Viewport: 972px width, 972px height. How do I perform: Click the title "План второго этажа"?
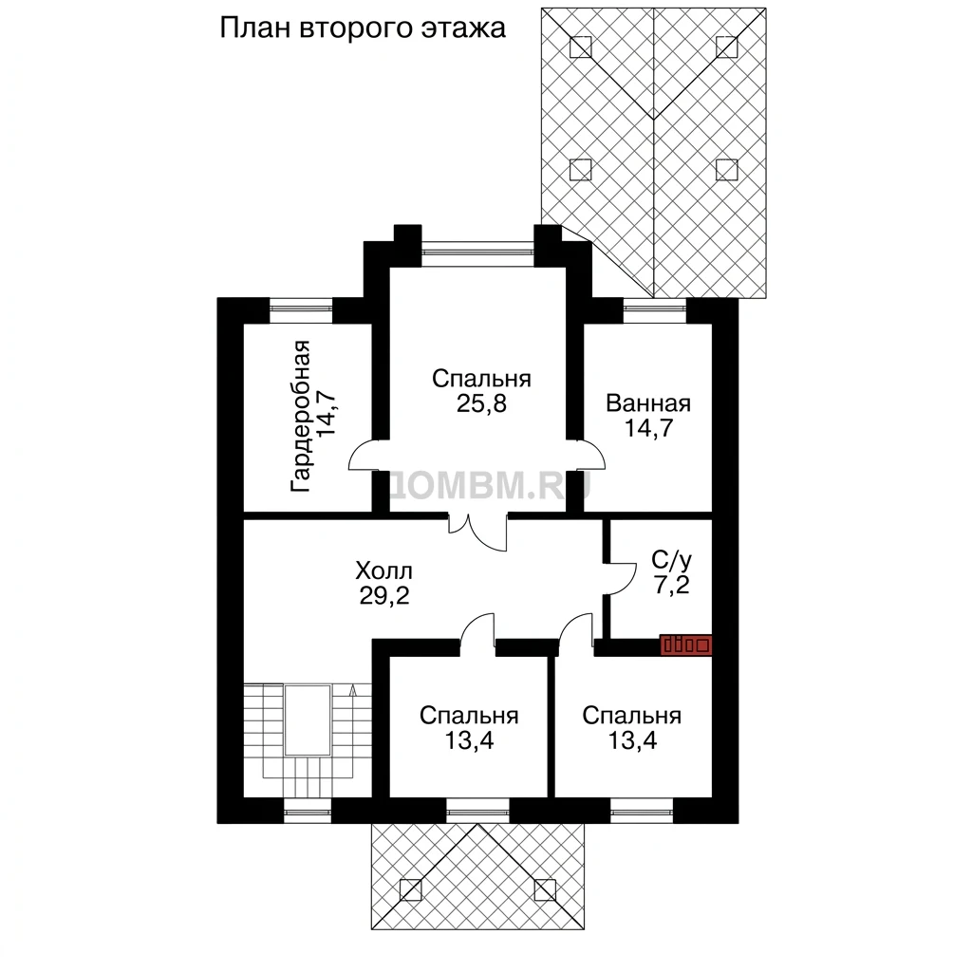pyautogui.click(x=363, y=28)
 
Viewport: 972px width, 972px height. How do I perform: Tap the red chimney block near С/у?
pyautogui.click(x=685, y=645)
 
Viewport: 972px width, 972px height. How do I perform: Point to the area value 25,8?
pyautogui.click(x=481, y=403)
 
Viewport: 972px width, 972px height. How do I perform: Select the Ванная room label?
pyautogui.click(x=647, y=402)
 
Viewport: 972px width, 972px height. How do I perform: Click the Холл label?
pyautogui.click(x=383, y=570)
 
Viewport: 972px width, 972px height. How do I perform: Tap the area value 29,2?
pyautogui.click(x=384, y=596)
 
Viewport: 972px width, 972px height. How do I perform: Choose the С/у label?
pyautogui.click(x=671, y=560)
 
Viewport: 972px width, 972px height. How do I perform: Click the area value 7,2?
pyautogui.click(x=672, y=584)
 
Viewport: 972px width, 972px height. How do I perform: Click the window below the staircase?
pyautogui.click(x=308, y=812)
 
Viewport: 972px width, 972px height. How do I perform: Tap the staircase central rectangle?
pyautogui.click(x=307, y=720)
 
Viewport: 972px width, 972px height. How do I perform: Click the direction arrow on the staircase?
pyautogui.click(x=353, y=690)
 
